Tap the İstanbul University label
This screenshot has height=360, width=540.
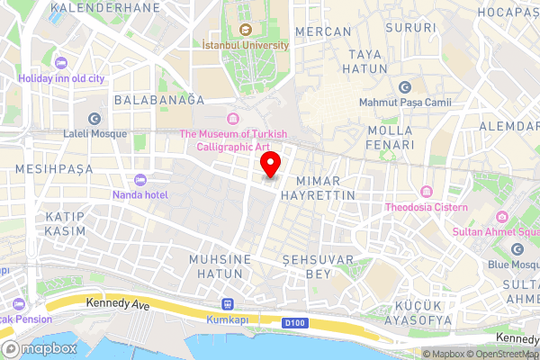[x=246, y=44]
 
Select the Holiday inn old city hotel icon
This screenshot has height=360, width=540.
[x=61, y=63]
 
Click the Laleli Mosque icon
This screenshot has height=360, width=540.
[x=94, y=119]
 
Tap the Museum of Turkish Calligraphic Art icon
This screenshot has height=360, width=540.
[x=233, y=119]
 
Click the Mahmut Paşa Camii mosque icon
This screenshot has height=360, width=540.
[x=404, y=87]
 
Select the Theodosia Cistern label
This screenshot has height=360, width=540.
[x=427, y=207]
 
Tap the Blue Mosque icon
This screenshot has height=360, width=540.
[x=517, y=249]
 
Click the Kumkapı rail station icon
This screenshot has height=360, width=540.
[x=225, y=306]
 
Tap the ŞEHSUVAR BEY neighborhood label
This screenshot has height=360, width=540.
[x=308, y=265]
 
